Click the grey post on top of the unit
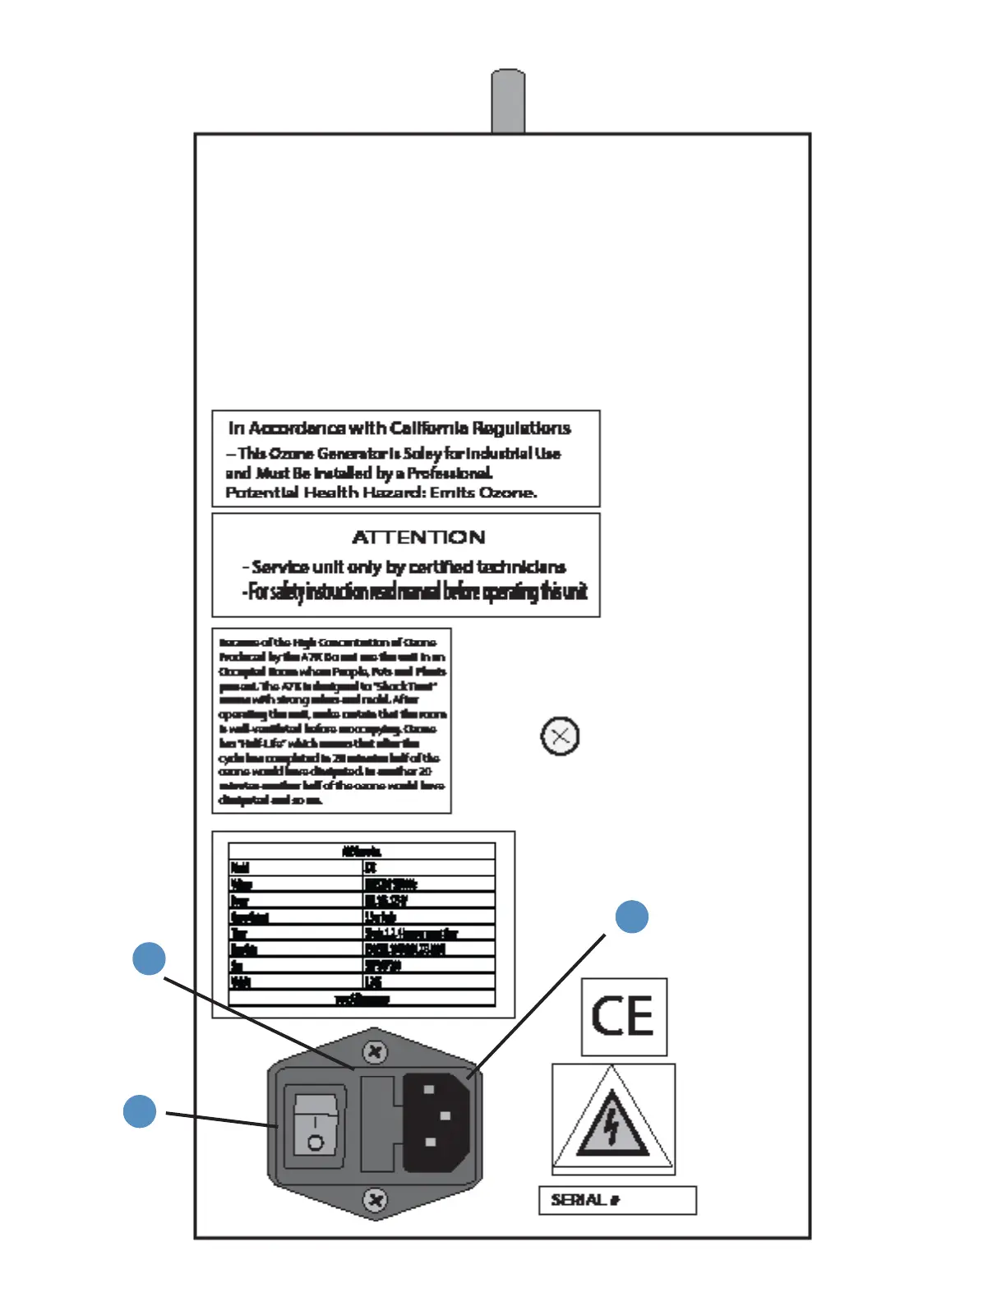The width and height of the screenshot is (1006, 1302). click(x=508, y=100)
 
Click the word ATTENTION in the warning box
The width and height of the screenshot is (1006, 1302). click(x=418, y=538)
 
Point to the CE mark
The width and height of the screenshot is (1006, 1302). click(x=623, y=1017)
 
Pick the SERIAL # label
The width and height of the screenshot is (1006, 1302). click(x=585, y=1200)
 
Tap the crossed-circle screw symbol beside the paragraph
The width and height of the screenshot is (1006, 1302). click(x=560, y=736)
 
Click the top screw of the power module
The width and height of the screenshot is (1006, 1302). click(x=375, y=1051)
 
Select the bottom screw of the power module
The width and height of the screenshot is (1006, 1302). click(x=375, y=1201)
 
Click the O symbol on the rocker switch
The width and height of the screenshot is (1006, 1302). click(x=315, y=1142)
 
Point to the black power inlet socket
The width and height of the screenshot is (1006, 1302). click(x=436, y=1122)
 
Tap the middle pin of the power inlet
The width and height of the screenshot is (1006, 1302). click(x=445, y=1116)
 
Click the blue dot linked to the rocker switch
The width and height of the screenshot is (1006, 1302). click(x=140, y=1111)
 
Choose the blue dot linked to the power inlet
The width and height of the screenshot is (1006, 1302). click(x=632, y=916)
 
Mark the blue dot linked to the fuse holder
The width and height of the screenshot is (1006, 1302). click(x=149, y=958)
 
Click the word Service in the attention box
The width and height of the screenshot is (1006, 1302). click(x=280, y=567)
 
